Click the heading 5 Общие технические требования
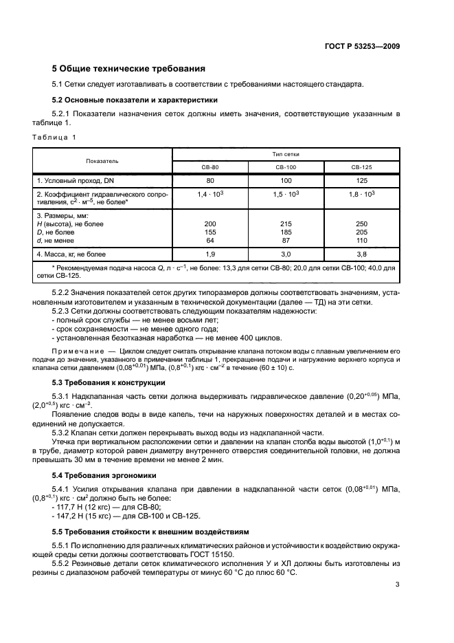pos(129,69)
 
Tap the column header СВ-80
pos(210,167)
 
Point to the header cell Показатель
pos(102,161)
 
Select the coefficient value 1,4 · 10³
pos(210,195)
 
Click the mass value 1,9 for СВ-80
pos(210,254)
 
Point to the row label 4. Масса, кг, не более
pos(71,254)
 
